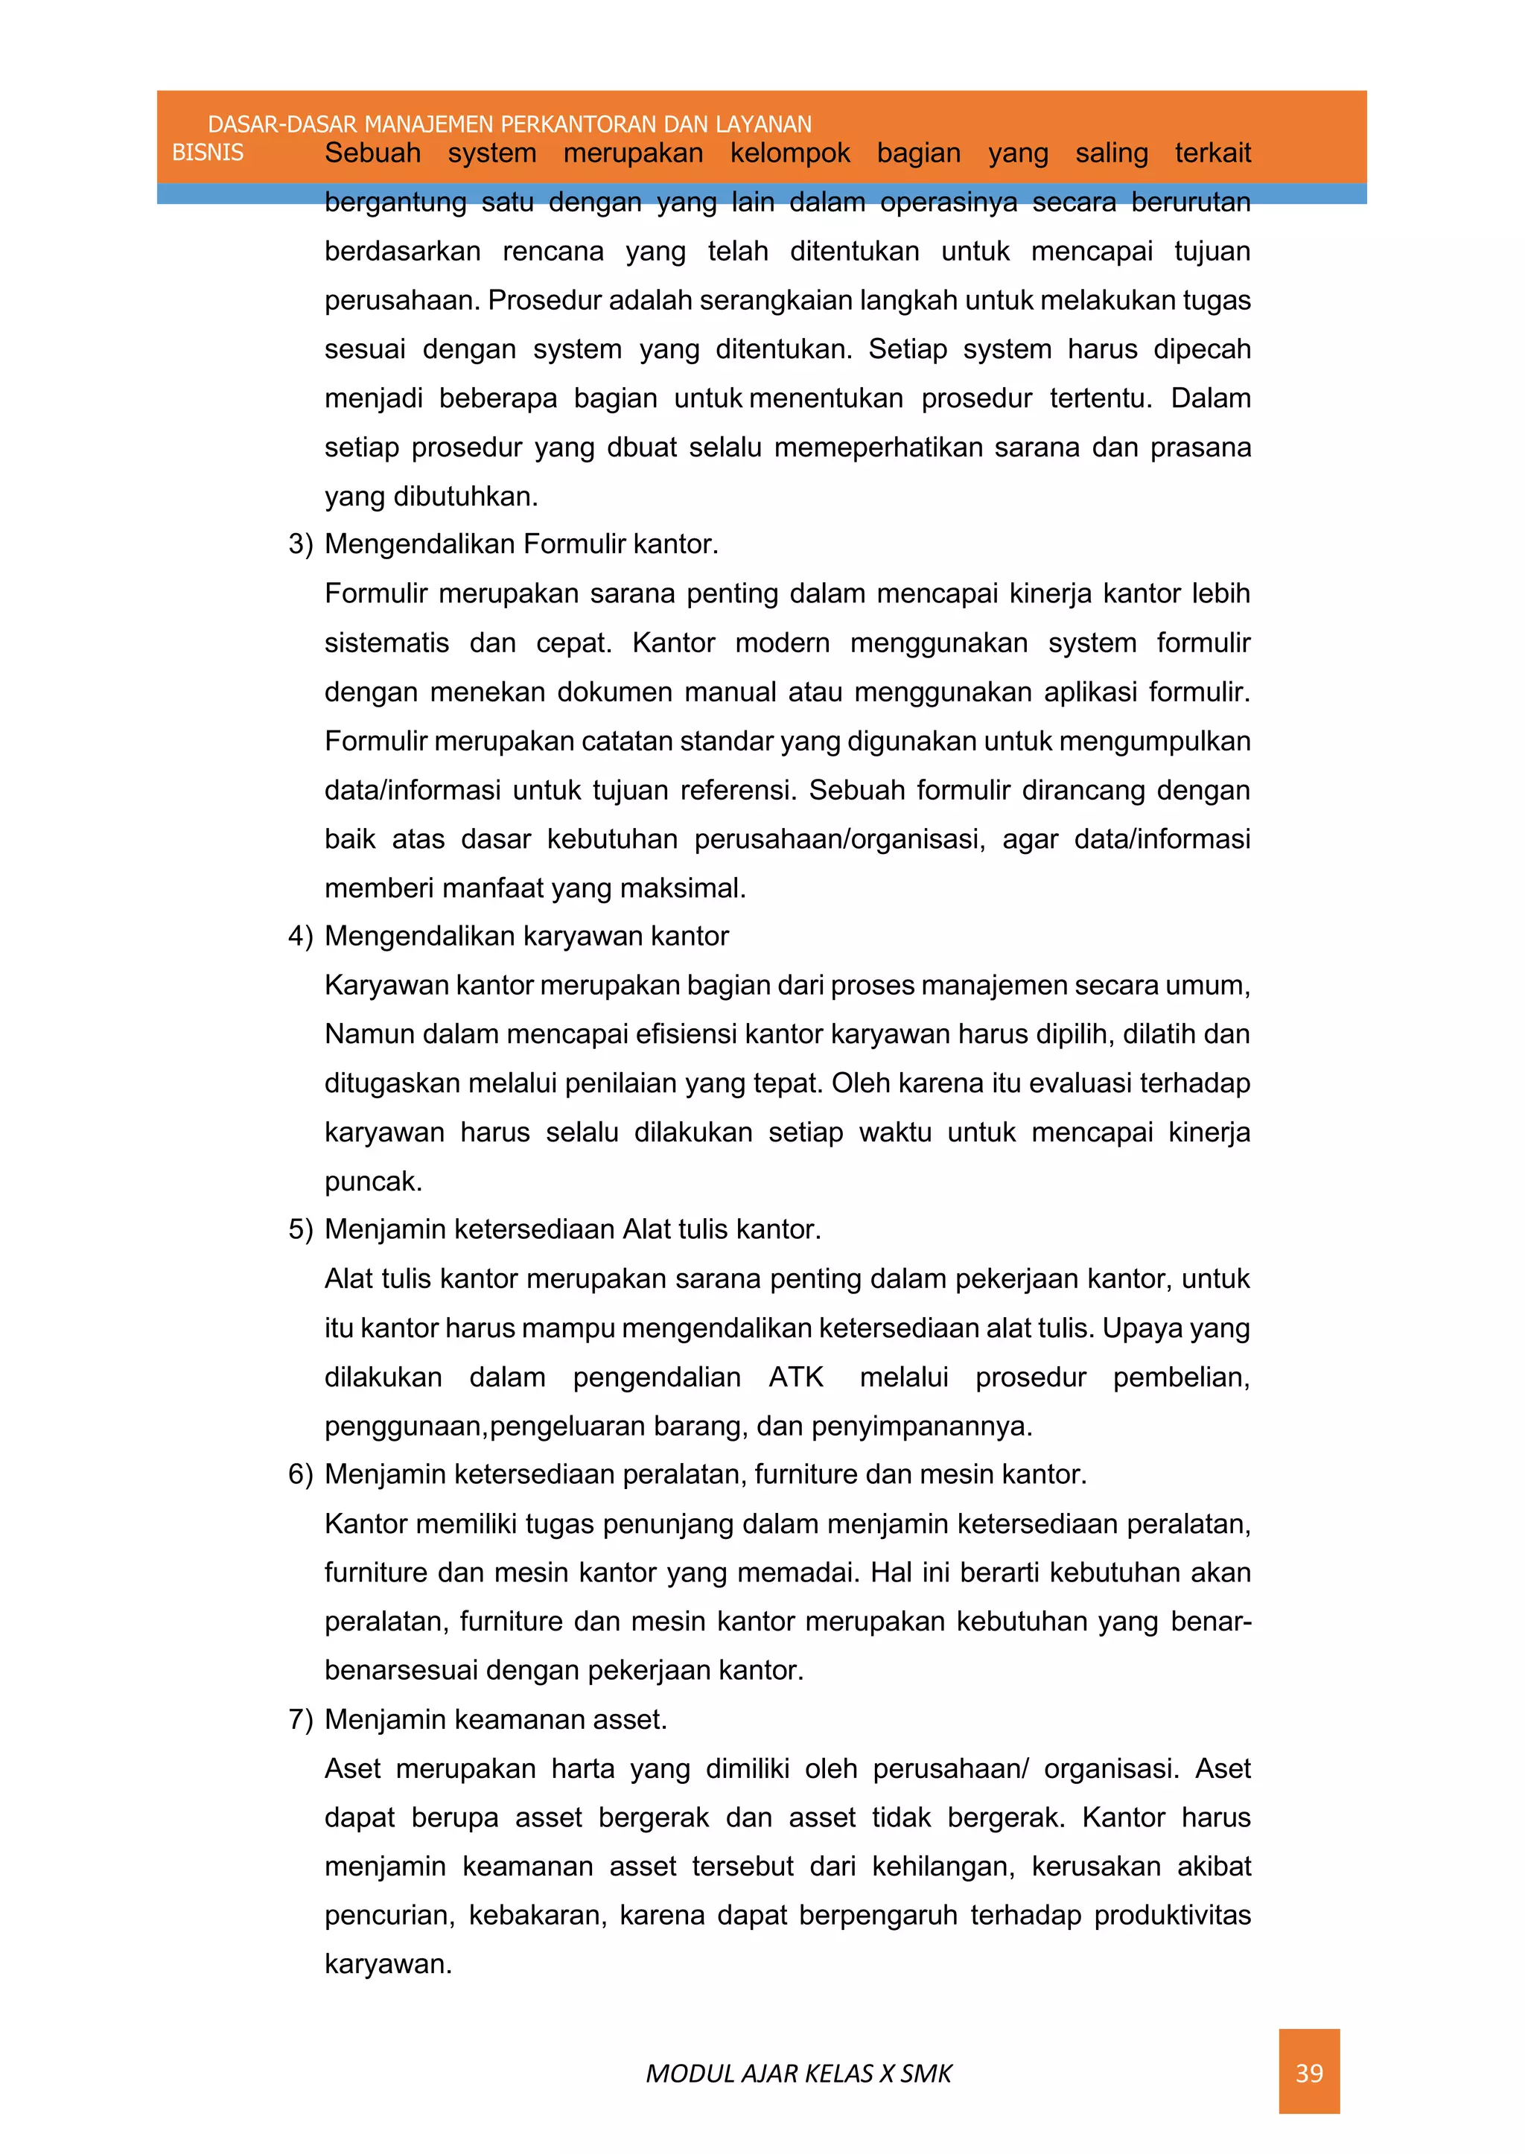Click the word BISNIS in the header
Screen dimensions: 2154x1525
pyautogui.click(x=208, y=153)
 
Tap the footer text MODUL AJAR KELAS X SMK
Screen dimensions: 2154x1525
pyautogui.click(x=798, y=2074)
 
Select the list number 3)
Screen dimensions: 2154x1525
pyautogui.click(x=301, y=544)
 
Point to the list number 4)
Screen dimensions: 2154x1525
pyautogui.click(x=301, y=936)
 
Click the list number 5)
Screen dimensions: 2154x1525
pyautogui.click(x=301, y=1230)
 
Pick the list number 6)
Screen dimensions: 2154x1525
pyautogui.click(x=301, y=1474)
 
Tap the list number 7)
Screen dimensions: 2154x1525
pyautogui.click(x=301, y=1719)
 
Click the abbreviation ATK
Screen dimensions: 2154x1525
pyautogui.click(x=795, y=1377)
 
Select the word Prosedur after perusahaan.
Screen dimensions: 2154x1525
pyautogui.click(x=546, y=301)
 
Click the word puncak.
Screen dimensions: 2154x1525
pyautogui.click(x=373, y=1181)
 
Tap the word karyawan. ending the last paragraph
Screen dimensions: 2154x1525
pyautogui.click(x=388, y=1964)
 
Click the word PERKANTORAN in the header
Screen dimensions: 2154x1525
pyautogui.click(x=579, y=124)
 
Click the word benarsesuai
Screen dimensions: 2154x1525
pyautogui.click(x=401, y=1671)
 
